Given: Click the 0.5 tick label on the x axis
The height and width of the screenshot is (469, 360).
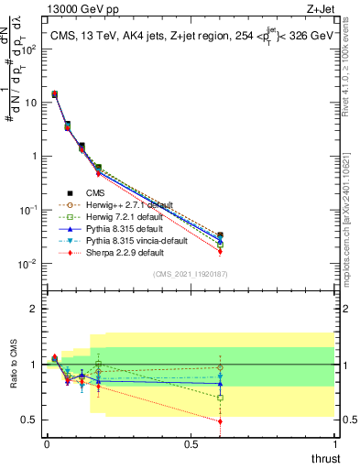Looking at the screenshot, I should [191, 444].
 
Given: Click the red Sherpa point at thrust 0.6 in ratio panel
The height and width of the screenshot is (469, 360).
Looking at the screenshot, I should [220, 421].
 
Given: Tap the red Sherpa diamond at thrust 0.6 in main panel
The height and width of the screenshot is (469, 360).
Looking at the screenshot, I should [220, 251].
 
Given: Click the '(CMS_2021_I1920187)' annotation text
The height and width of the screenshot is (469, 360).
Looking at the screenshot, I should [191, 274].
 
